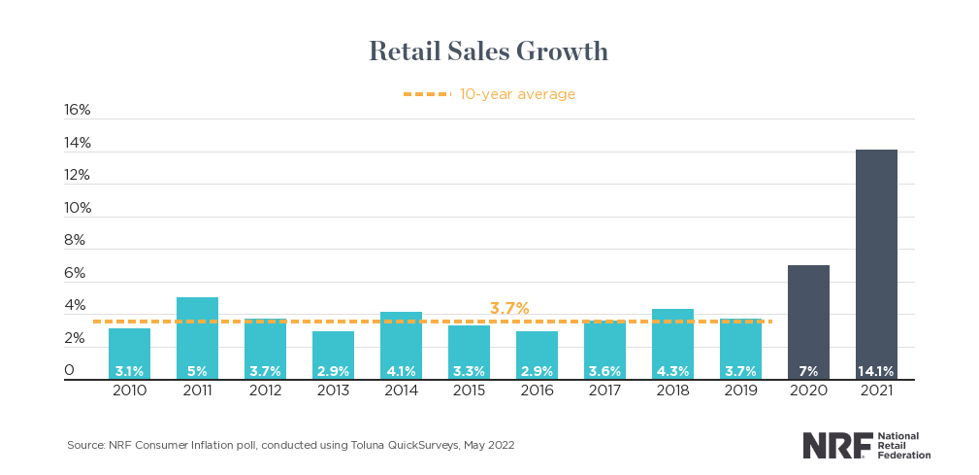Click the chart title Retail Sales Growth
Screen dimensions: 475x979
[x=488, y=51]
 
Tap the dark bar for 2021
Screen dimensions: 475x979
[x=876, y=262]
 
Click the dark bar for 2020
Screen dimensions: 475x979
[x=808, y=321]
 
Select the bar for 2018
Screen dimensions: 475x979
[x=672, y=343]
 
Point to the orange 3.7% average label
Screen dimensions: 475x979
[x=509, y=309]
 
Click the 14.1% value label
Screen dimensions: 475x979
[x=876, y=370]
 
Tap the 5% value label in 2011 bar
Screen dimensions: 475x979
[x=197, y=370]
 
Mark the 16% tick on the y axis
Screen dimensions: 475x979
[x=78, y=110]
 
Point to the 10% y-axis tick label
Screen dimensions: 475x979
[x=78, y=208]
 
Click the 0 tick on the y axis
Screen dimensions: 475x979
[x=70, y=370]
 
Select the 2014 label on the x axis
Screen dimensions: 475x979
[x=401, y=390]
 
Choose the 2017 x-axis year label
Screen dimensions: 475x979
[x=604, y=390]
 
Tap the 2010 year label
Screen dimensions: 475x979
[x=129, y=390]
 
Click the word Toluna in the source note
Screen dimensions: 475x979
[x=367, y=445]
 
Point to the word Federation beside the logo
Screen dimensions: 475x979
[x=904, y=455]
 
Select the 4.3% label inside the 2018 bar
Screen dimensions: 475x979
[x=672, y=370]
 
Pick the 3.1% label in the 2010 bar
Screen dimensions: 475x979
[x=129, y=370]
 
